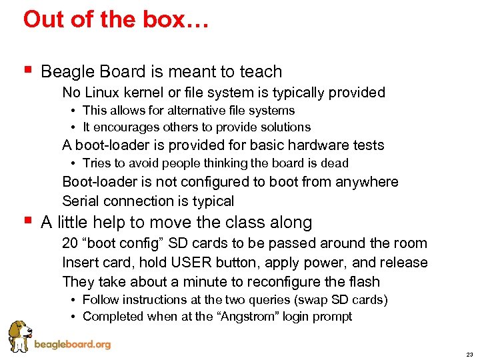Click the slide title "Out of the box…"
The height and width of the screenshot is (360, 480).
116,19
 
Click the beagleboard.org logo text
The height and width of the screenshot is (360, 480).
72,345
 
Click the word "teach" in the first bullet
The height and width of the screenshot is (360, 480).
260,71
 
